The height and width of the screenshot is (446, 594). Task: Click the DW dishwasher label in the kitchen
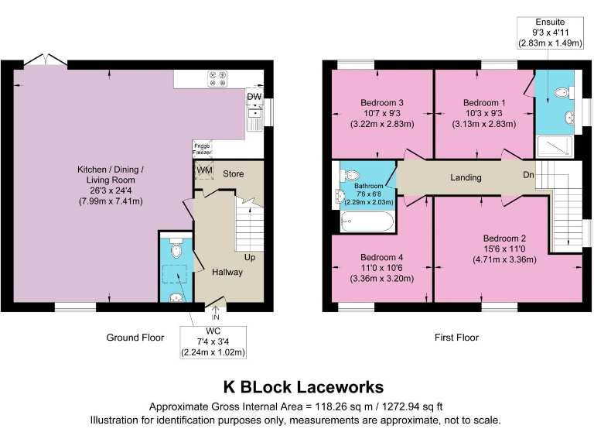(x=254, y=97)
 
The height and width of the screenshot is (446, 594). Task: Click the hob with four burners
(x=217, y=78)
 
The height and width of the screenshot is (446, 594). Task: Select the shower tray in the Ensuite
(x=555, y=145)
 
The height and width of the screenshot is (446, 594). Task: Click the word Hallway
(x=227, y=272)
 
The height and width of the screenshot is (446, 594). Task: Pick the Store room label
(x=234, y=173)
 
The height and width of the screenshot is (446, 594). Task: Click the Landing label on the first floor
(x=466, y=177)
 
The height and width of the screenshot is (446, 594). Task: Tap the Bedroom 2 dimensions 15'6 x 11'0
(x=504, y=249)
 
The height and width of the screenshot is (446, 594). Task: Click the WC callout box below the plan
(x=213, y=341)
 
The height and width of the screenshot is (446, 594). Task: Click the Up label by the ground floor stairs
(x=250, y=256)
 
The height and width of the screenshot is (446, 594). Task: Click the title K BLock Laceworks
(x=302, y=386)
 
